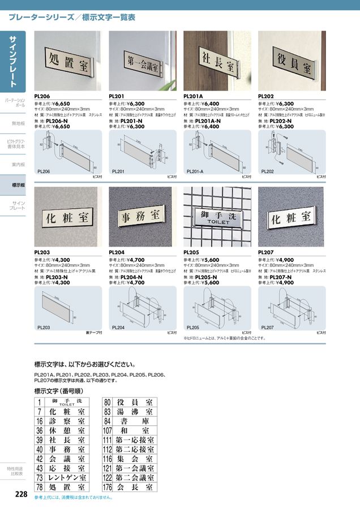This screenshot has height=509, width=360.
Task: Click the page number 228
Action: click(21, 494)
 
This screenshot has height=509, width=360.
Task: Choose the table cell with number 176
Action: click(108, 486)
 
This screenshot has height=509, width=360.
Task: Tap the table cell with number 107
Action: click(108, 430)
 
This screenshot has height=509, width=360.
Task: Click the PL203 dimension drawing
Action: click(67, 309)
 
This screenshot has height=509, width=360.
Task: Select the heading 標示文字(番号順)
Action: click(56, 391)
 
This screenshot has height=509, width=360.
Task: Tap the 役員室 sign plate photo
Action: click(292, 59)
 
